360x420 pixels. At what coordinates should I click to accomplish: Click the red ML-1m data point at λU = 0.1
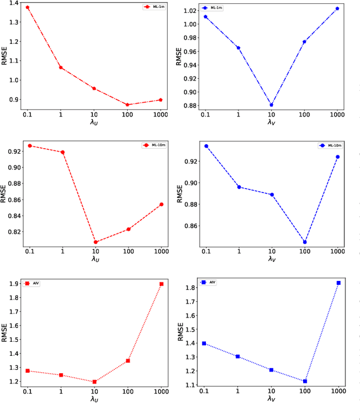click(x=28, y=7)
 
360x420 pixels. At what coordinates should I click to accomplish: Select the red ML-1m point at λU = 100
click(x=128, y=105)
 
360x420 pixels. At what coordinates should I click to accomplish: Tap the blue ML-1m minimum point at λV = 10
click(x=271, y=105)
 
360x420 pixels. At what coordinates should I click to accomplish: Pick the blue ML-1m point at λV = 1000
click(x=337, y=8)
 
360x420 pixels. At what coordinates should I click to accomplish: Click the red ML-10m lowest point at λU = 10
click(x=95, y=242)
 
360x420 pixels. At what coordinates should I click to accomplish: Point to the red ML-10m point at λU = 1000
click(x=161, y=204)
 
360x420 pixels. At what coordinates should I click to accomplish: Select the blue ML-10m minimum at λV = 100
click(x=305, y=242)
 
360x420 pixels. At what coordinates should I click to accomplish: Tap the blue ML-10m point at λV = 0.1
click(x=206, y=146)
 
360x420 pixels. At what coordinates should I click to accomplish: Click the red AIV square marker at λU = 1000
click(x=161, y=284)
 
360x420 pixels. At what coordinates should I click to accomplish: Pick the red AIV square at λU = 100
click(x=128, y=360)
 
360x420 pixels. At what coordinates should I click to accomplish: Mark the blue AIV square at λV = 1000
click(x=339, y=283)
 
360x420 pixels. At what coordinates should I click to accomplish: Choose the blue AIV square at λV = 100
click(x=305, y=381)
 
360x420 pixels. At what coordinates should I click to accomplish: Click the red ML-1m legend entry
click(x=153, y=7)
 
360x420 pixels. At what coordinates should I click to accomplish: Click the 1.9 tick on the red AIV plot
click(x=12, y=284)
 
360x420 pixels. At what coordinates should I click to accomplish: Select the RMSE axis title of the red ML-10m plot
click(x=4, y=191)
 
